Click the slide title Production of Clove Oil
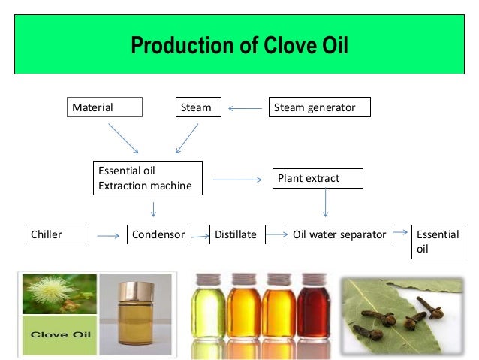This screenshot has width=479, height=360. (239, 47)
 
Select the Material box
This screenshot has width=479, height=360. (104, 108)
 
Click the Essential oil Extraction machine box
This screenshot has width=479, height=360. (147, 178)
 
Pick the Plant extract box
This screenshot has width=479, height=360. (317, 179)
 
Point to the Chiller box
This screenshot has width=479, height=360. (56, 235)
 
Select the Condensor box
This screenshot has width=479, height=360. (158, 235)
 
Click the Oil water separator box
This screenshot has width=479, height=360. (339, 235)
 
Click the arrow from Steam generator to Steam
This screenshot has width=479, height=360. (243, 109)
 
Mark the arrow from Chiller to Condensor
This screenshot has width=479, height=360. (108, 237)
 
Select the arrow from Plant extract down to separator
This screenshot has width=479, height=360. (325, 203)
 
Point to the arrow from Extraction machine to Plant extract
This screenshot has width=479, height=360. (236, 180)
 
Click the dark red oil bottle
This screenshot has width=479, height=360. (313, 309)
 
